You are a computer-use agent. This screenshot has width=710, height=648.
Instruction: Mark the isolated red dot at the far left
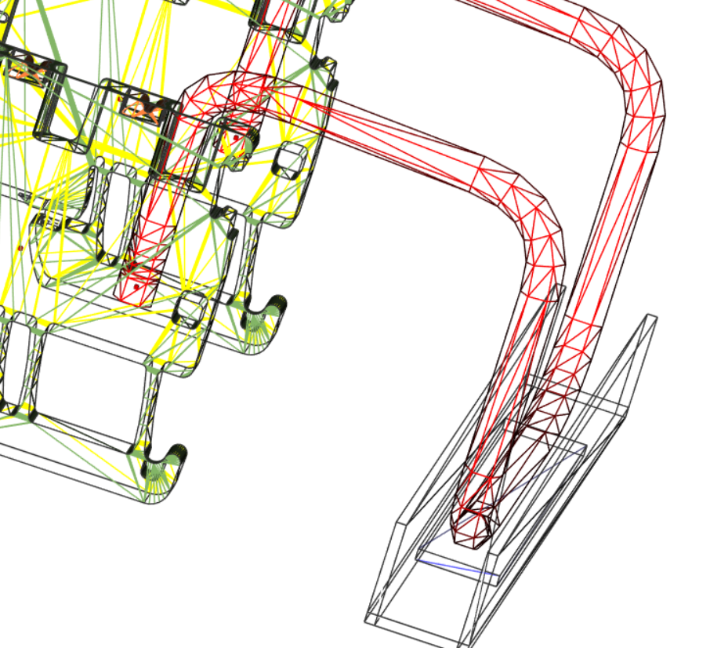tap(20, 249)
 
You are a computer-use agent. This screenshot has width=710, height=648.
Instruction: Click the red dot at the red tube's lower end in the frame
tap(136, 287)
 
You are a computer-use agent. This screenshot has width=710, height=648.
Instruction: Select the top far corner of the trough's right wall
tap(651, 318)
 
